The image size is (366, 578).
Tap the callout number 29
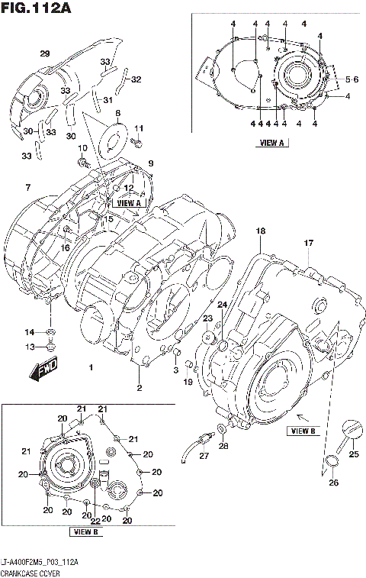click(44, 53)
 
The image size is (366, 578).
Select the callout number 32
click(136, 79)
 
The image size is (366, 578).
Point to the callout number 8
click(118, 113)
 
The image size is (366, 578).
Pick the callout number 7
click(27, 187)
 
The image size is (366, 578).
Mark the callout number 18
click(261, 231)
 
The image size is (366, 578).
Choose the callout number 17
click(310, 243)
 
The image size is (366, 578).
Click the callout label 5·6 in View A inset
click(352, 79)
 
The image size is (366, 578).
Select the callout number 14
click(30, 331)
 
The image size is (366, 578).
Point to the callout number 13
click(30, 347)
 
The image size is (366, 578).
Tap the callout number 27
click(204, 456)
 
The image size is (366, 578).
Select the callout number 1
click(91, 367)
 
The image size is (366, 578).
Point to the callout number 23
click(207, 318)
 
